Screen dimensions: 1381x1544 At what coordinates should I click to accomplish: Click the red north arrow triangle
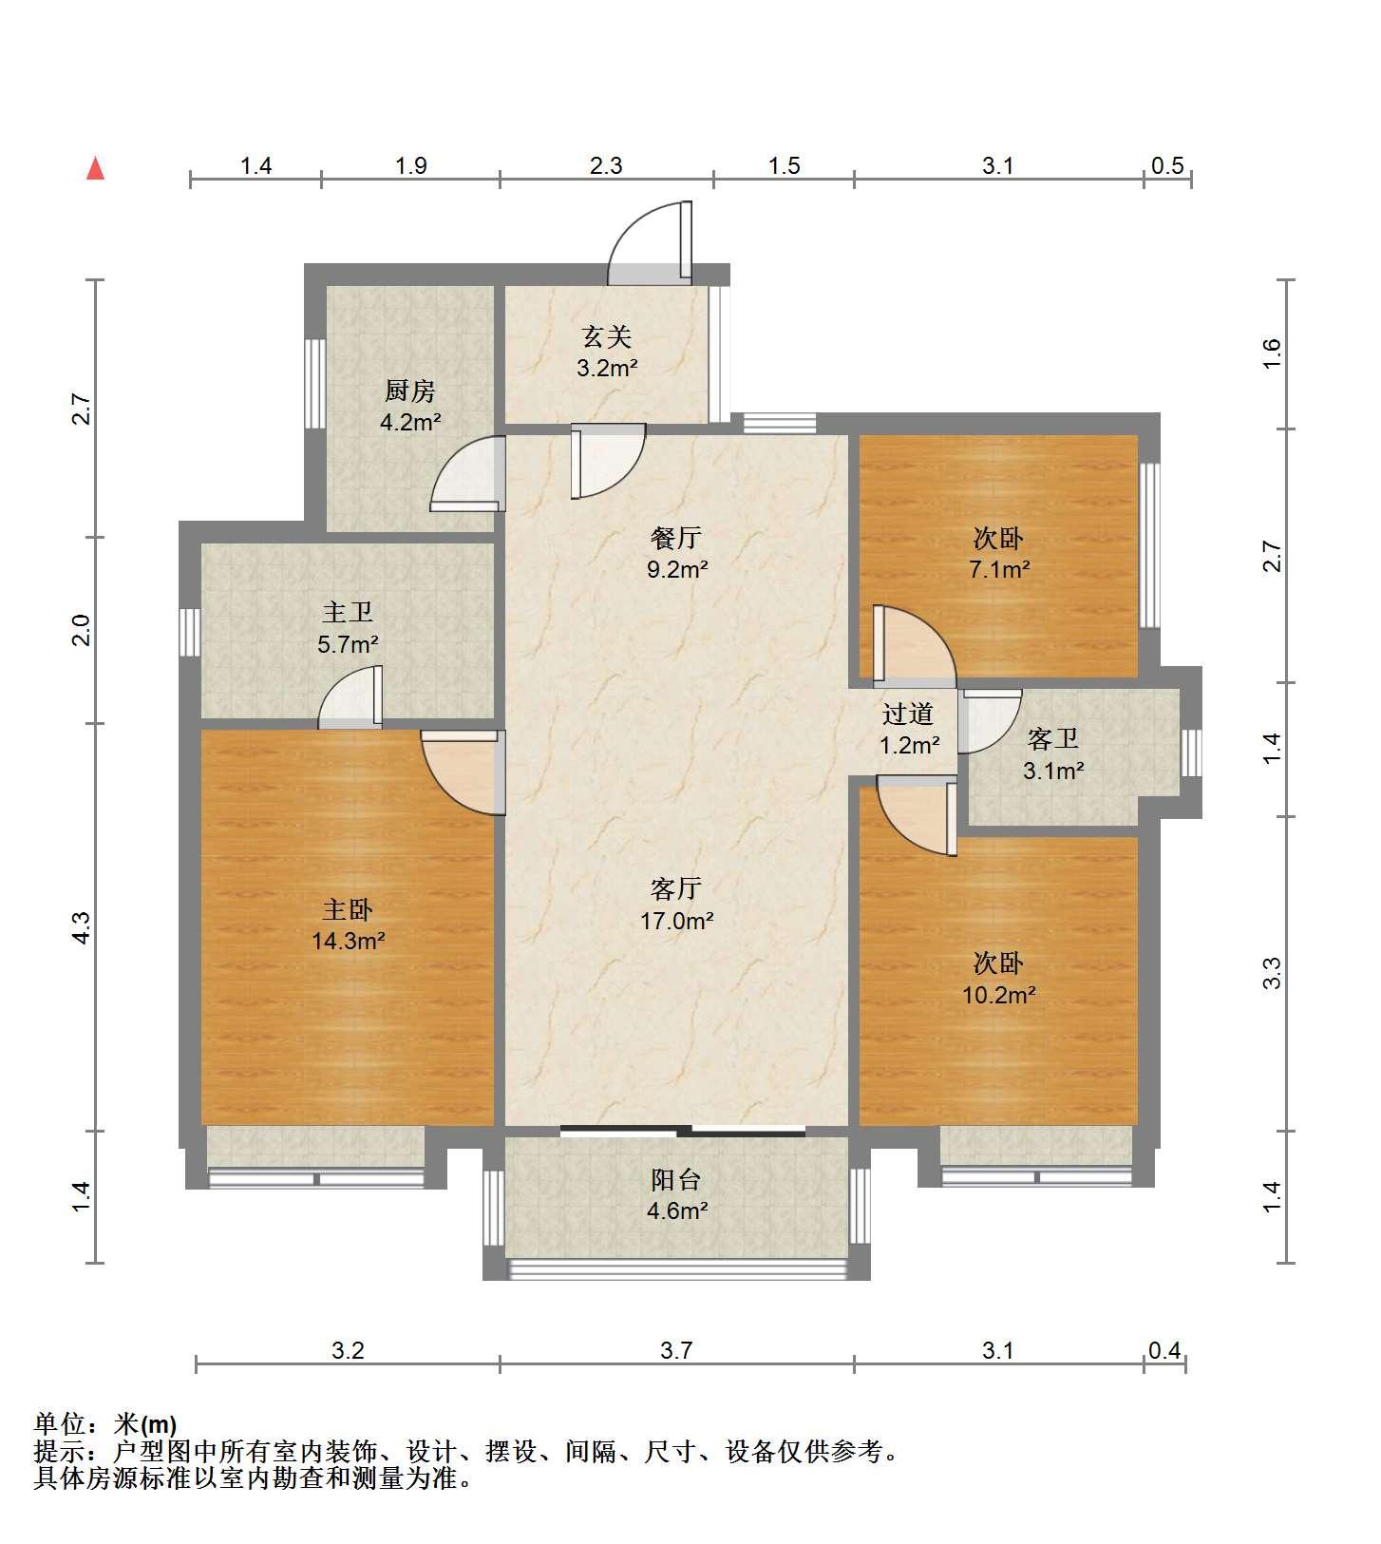point(95,169)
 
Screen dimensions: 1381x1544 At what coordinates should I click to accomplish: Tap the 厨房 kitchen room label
point(410,391)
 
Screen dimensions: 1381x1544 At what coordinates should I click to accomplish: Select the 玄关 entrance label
point(607,336)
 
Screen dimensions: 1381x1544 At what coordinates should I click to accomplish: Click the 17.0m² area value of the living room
point(676,921)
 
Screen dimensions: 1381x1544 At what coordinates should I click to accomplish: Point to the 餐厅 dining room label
point(676,538)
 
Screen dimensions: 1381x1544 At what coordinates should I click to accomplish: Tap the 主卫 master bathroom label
point(348,614)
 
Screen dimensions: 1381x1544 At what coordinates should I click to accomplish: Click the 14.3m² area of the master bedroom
point(348,941)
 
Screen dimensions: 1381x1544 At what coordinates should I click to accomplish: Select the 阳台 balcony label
point(676,1179)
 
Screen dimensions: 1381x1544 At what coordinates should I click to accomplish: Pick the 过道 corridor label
point(908,714)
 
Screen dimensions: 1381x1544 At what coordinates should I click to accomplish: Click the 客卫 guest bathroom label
point(1053,738)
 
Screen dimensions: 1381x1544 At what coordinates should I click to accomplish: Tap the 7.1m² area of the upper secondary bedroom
point(999,569)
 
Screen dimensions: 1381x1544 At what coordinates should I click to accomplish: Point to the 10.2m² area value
point(999,995)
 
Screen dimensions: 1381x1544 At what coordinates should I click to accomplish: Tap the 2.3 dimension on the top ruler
point(606,165)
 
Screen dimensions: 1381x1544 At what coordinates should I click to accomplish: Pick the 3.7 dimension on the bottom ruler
point(676,1349)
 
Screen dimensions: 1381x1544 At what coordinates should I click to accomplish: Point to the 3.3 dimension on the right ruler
point(1273,974)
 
